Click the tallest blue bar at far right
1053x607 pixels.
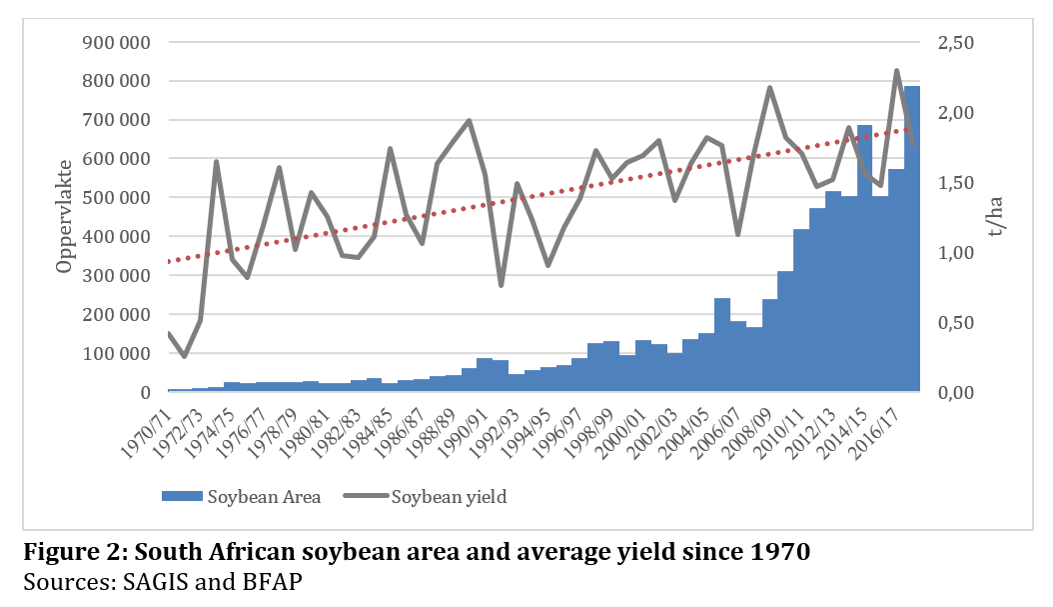[x=912, y=240]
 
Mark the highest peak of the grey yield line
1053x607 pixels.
[x=896, y=71]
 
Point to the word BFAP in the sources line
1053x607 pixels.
[x=219, y=580]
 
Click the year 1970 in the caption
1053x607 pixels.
[x=780, y=552]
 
